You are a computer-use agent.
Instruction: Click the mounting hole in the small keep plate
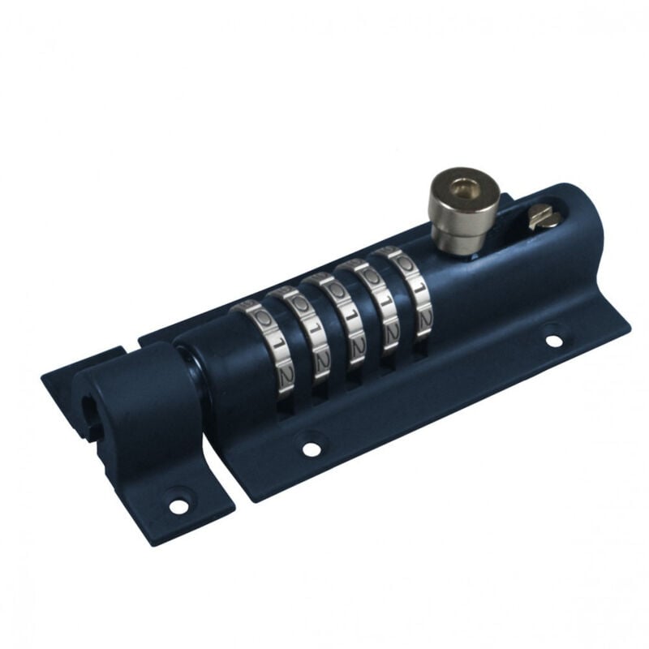point(178,505)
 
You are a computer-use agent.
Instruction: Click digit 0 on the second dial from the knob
point(371,274)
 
